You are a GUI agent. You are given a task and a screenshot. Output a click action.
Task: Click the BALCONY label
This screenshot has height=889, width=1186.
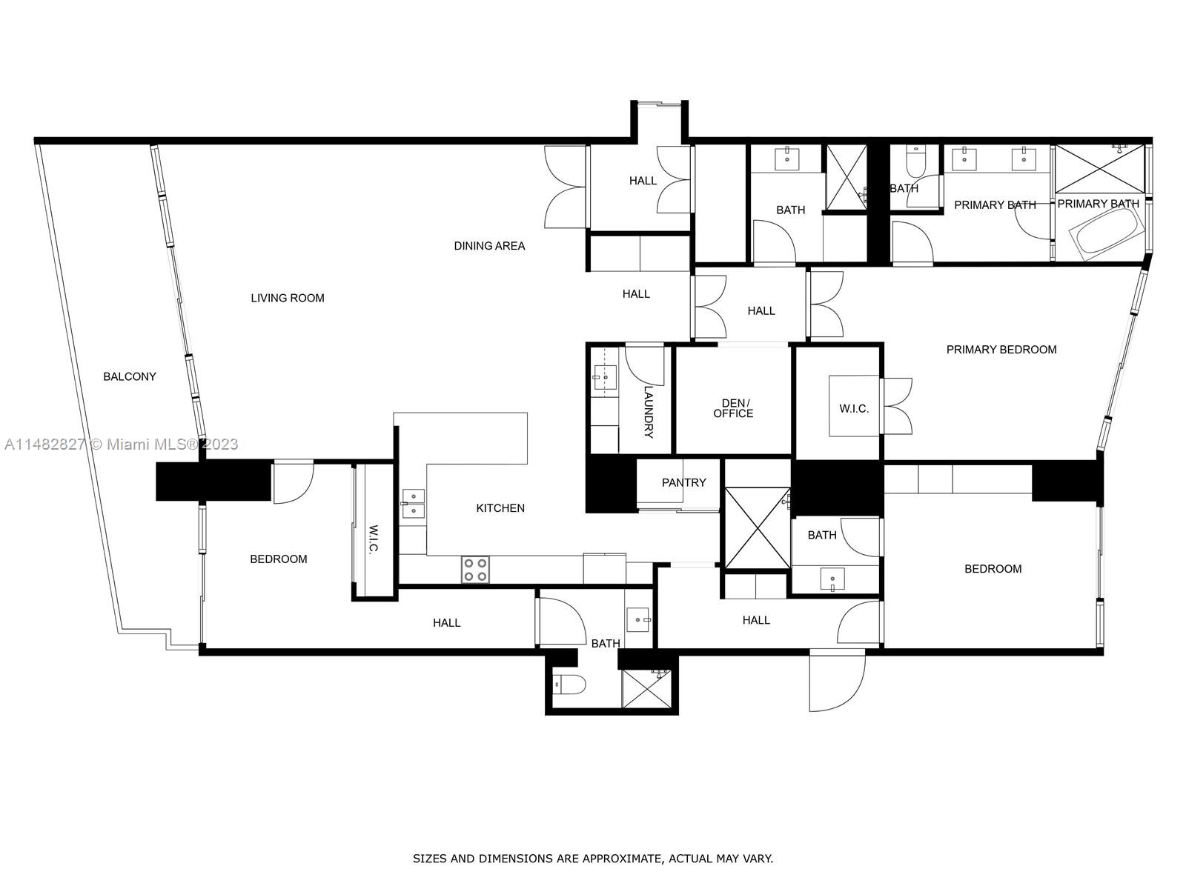click(x=130, y=376)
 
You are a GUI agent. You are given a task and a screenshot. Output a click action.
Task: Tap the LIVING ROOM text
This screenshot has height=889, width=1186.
click(x=288, y=298)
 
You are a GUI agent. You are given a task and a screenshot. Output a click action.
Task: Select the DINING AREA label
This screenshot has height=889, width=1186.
click(x=489, y=245)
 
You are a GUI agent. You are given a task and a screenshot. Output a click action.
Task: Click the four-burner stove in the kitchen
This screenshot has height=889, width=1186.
click(x=475, y=570)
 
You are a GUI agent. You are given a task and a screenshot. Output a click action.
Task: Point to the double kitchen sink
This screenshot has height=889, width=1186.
click(x=413, y=504)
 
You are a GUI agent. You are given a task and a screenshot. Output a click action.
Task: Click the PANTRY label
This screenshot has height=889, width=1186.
click(x=683, y=482)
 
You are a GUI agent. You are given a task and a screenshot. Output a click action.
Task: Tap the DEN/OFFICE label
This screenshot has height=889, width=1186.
click(x=733, y=408)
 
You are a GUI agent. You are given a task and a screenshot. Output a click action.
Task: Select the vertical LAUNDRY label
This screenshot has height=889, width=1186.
click(x=649, y=412)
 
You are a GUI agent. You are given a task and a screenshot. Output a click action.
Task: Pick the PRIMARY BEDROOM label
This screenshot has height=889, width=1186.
click(x=1001, y=349)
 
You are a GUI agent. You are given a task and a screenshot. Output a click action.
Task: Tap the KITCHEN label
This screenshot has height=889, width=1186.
click(x=500, y=507)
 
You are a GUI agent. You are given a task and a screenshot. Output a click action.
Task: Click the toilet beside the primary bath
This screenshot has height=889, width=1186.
click(x=917, y=163)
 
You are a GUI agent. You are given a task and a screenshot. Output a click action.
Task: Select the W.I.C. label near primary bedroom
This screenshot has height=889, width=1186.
click(x=854, y=408)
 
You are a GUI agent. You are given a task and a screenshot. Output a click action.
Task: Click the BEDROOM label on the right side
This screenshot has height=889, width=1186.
click(x=993, y=568)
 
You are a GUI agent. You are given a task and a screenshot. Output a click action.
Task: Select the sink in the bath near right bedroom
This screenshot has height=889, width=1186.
click(x=833, y=579)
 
